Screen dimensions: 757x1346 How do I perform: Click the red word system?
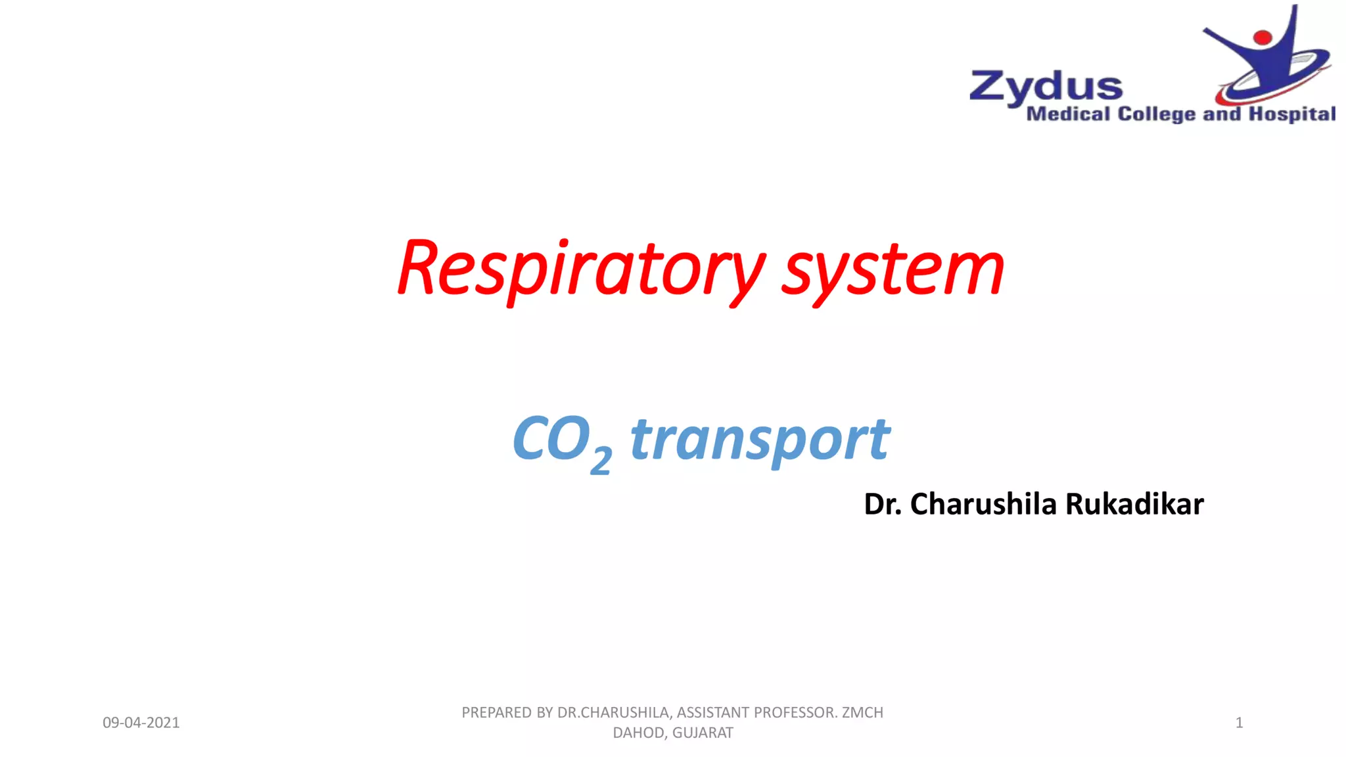click(893, 269)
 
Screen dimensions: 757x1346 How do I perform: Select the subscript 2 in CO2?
click(601, 459)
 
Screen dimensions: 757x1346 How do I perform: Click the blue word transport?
click(760, 439)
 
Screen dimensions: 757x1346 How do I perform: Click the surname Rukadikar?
click(1134, 504)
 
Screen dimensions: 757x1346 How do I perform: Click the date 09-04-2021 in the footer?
click(141, 723)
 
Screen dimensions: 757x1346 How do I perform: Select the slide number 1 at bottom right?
click(1239, 723)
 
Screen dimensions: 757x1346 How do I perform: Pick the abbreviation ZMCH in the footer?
click(863, 712)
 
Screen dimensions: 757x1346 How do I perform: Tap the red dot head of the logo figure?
click(1263, 37)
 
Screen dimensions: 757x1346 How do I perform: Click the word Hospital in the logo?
click(1292, 114)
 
